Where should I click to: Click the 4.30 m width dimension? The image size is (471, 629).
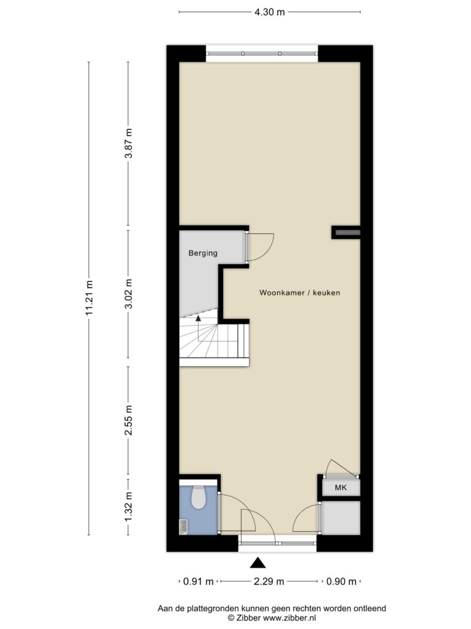pos(270,12)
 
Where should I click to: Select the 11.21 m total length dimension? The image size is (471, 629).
pos(90,297)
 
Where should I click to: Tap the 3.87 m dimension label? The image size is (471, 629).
pos(129,143)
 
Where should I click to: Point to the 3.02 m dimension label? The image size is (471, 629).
pos(129,294)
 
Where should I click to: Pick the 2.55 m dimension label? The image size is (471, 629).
pos(129,420)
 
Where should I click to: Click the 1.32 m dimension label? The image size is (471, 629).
pos(129,507)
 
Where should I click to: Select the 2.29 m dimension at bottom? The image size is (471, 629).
pos(269,581)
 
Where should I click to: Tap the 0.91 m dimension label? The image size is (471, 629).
pos(198,581)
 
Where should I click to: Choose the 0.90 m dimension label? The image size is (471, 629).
pos(341,581)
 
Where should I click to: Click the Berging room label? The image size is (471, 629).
pos(203,253)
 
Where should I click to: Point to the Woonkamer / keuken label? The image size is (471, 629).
pos(299,293)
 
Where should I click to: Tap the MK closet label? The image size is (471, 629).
pos(341,488)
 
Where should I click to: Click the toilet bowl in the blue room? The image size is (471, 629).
pos(198,498)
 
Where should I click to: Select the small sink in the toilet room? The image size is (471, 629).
pos(183,526)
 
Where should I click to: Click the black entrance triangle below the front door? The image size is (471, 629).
pos(258,563)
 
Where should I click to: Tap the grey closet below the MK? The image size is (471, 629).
pos(341,518)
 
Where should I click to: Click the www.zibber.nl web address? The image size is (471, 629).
pos(289,618)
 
